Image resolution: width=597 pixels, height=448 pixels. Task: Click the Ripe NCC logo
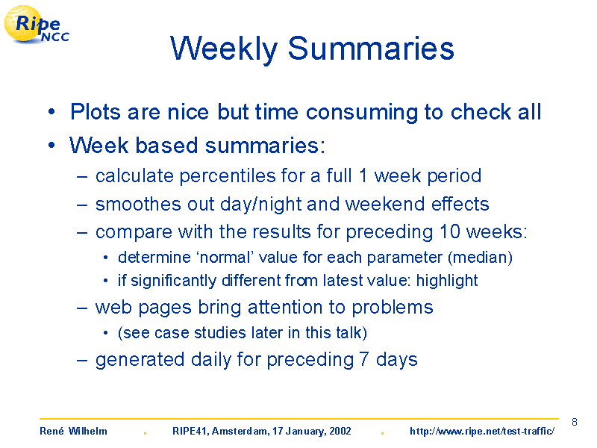point(37,25)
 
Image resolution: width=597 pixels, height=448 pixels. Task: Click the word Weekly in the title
point(224,49)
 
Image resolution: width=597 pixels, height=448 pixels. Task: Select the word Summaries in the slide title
point(371,49)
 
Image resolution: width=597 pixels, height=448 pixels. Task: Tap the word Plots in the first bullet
point(96,112)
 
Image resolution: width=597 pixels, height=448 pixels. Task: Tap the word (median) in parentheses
point(480,258)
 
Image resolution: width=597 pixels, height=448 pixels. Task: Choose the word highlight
point(446,281)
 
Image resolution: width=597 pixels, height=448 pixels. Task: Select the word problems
point(393,308)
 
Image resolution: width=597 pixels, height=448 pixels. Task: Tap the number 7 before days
point(364,359)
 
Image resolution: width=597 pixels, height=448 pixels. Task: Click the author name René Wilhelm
point(73,431)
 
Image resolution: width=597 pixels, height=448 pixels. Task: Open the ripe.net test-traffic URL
point(482,431)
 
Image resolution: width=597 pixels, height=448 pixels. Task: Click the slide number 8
point(575,422)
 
